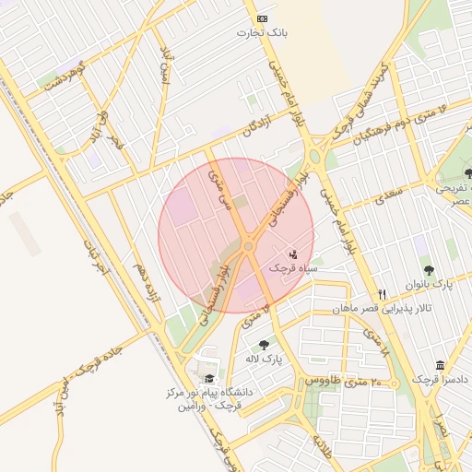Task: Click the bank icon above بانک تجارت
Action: click(263, 18)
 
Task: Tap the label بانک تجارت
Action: click(263, 33)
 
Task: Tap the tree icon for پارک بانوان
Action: click(429, 270)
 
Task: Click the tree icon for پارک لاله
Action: click(265, 345)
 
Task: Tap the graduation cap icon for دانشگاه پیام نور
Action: click(209, 378)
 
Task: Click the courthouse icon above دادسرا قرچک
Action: click(440, 365)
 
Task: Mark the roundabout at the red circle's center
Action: click(248, 246)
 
